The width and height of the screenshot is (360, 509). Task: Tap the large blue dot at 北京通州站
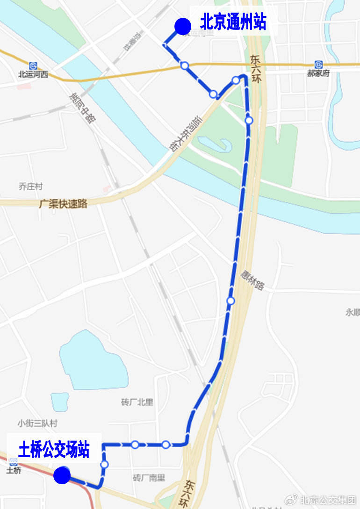point(182,26)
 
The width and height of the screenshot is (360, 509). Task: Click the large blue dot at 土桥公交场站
point(62,475)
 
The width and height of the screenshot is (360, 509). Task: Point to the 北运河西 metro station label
point(33,74)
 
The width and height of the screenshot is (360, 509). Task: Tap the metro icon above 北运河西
point(33,65)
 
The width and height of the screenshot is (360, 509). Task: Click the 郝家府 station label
point(318,73)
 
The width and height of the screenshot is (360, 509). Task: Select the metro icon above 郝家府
point(318,65)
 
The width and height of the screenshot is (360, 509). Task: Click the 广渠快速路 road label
point(64,204)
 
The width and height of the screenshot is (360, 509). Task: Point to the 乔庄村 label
point(30,186)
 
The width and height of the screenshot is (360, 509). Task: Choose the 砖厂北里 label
point(137,402)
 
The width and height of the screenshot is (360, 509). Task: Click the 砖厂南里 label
point(149,478)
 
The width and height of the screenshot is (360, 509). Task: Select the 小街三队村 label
point(37,423)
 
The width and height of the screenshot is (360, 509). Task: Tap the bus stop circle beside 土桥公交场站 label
point(104,464)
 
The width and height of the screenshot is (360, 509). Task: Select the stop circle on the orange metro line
point(185,65)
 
